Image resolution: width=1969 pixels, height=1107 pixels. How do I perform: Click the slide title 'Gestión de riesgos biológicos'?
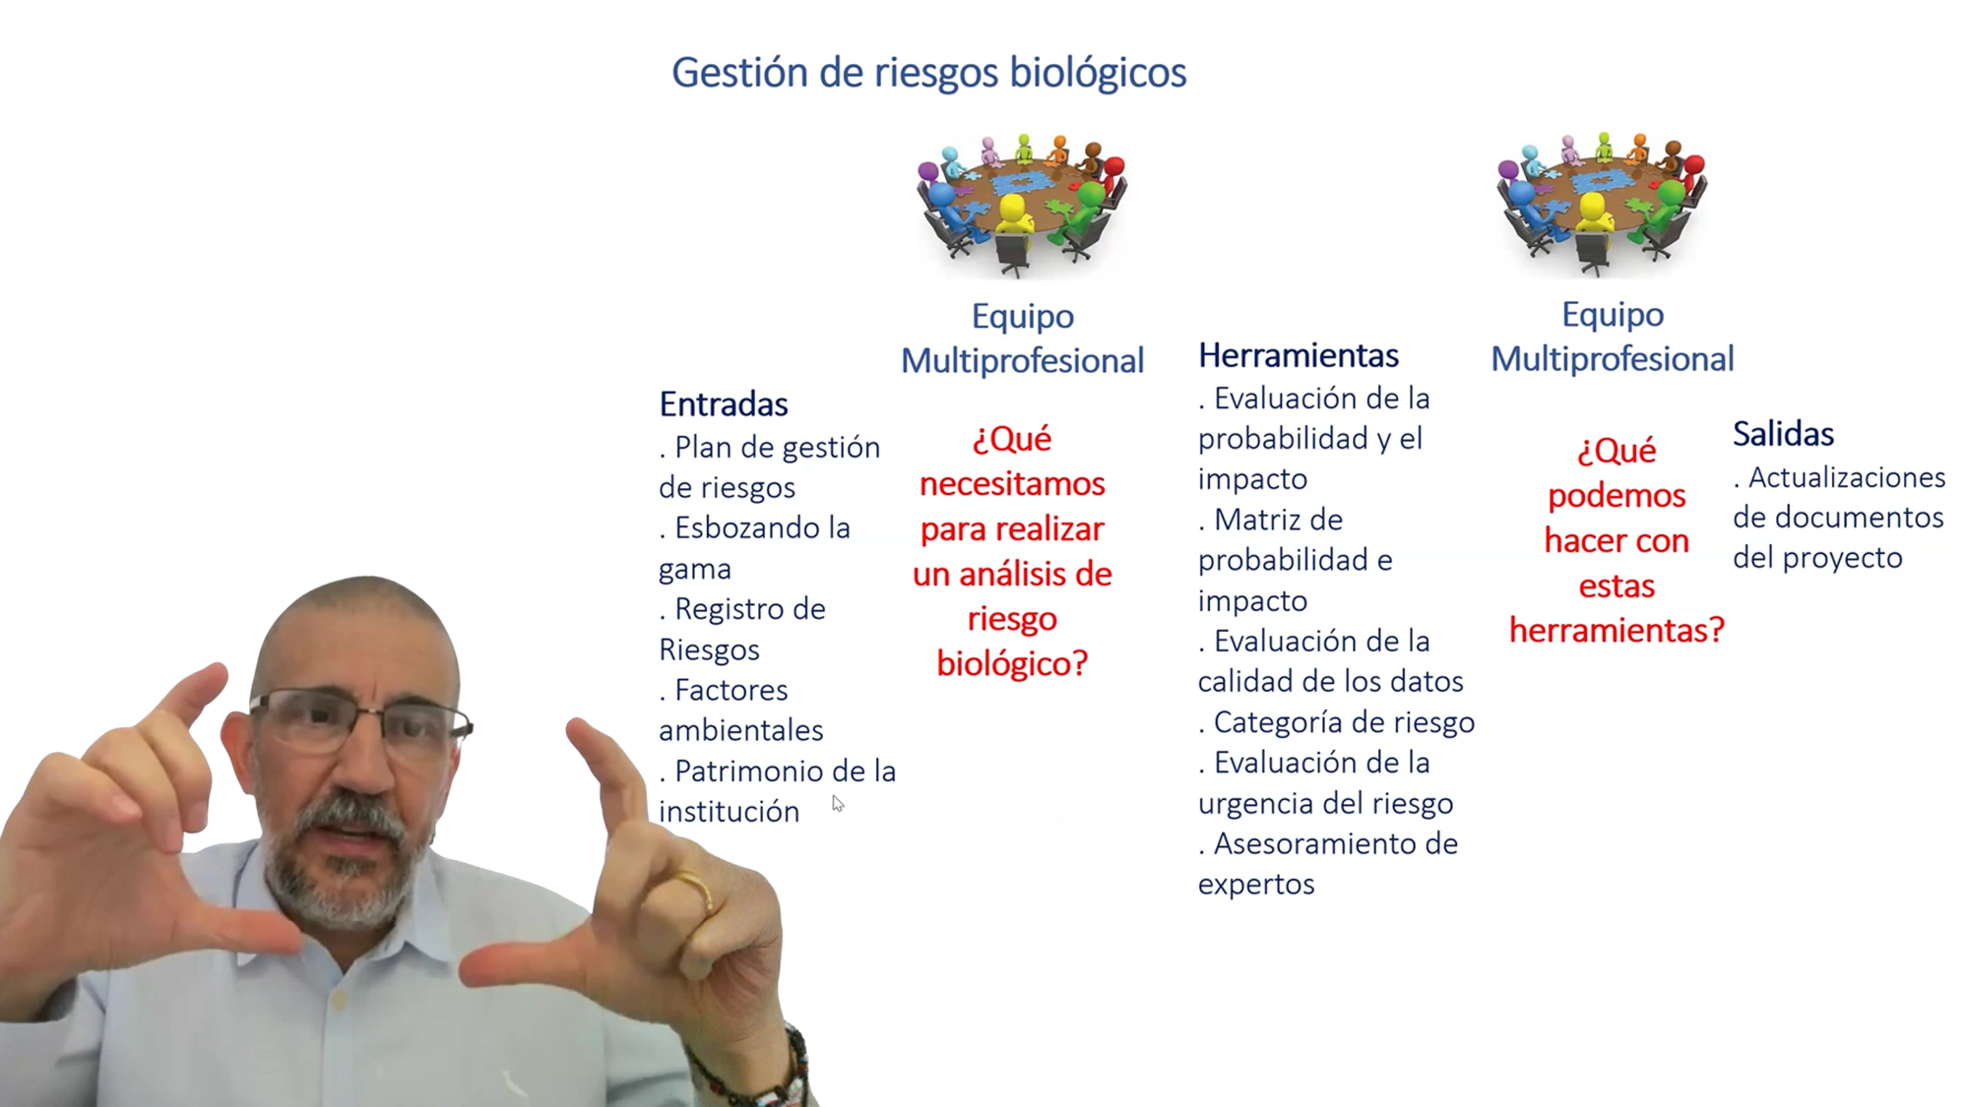click(x=928, y=73)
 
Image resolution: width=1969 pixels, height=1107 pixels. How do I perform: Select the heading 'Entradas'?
click(x=724, y=404)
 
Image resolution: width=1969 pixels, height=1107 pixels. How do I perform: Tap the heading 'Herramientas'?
click(x=1298, y=355)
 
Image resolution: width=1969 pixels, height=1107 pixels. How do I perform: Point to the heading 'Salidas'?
click(x=1783, y=434)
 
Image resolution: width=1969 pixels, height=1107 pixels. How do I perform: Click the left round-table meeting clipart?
click(x=1022, y=206)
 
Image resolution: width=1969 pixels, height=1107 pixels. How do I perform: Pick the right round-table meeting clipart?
click(x=1602, y=204)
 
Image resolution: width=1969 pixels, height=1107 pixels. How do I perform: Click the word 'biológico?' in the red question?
click(x=1012, y=664)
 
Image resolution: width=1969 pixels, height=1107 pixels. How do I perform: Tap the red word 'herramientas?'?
click(x=1617, y=630)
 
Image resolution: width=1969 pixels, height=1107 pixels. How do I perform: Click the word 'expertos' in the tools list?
click(x=1256, y=885)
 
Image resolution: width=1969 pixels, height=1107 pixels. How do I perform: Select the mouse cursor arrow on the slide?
click(x=838, y=804)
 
